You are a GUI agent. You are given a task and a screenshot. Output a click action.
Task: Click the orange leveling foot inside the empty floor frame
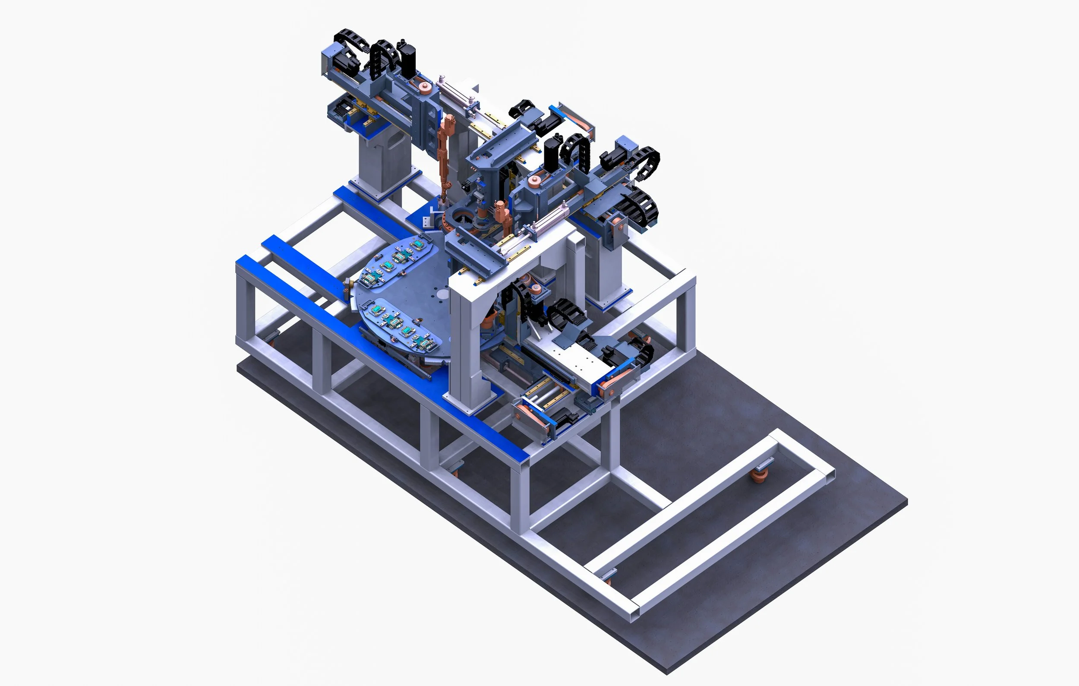point(759,476)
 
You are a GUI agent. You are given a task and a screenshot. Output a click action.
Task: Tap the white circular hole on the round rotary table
point(442,294)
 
